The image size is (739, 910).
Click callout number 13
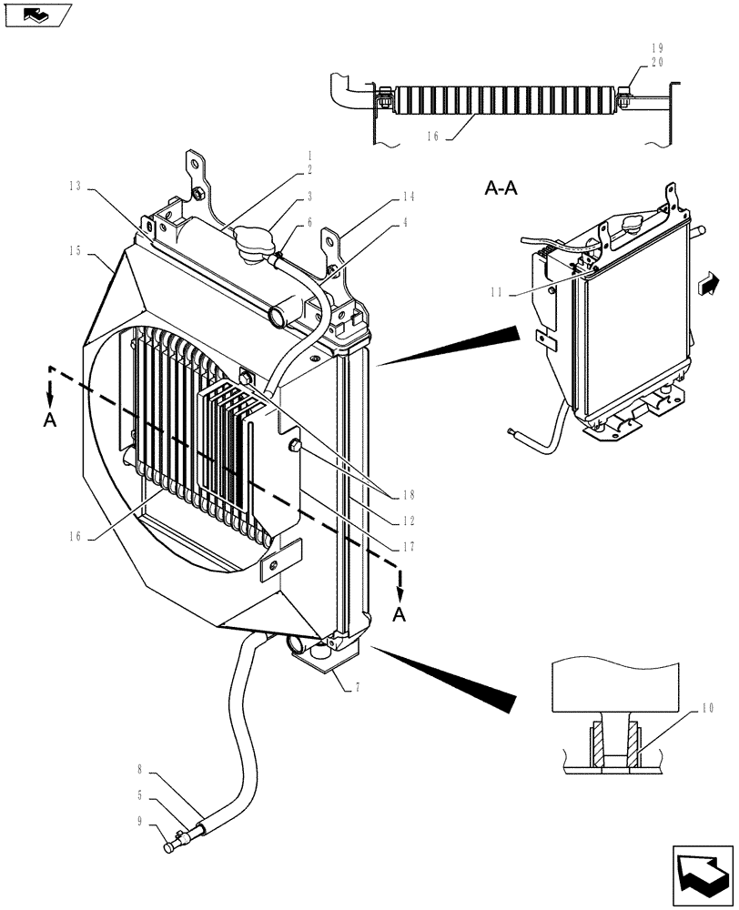pyautogui.click(x=74, y=187)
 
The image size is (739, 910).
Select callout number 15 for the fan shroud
pyautogui.click(x=74, y=248)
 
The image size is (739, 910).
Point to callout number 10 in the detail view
pyautogui.click(x=709, y=707)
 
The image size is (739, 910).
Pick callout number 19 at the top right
pyautogui.click(x=657, y=48)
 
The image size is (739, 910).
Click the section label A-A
pyautogui.click(x=501, y=189)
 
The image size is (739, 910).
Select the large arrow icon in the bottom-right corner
pyautogui.click(x=703, y=875)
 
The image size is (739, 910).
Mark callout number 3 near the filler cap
pyautogui.click(x=309, y=196)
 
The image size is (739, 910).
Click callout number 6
pyautogui.click(x=309, y=222)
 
